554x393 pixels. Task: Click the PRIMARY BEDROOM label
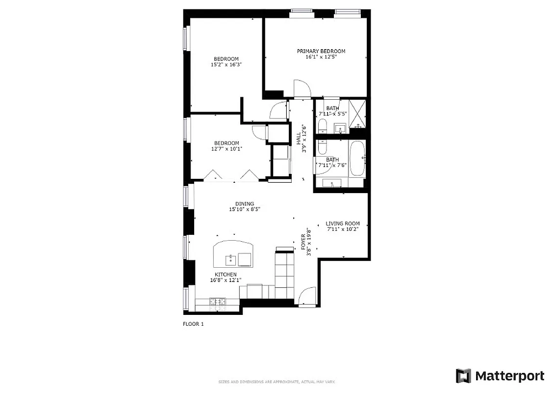[x=321, y=51]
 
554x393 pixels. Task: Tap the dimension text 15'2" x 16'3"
[x=226, y=64]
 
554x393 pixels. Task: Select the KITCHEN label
[x=226, y=275]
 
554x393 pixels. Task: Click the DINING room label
[x=244, y=204]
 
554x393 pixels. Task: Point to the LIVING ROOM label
[x=343, y=224]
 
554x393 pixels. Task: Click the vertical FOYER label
[x=303, y=242]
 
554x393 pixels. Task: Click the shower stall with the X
[x=358, y=113]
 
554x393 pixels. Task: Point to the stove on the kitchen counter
[x=217, y=301]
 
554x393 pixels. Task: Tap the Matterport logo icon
[x=463, y=376]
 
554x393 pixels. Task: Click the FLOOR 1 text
[x=193, y=324]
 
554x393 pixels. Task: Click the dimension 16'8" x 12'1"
[x=225, y=281]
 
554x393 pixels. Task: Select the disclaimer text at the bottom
[x=277, y=382]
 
